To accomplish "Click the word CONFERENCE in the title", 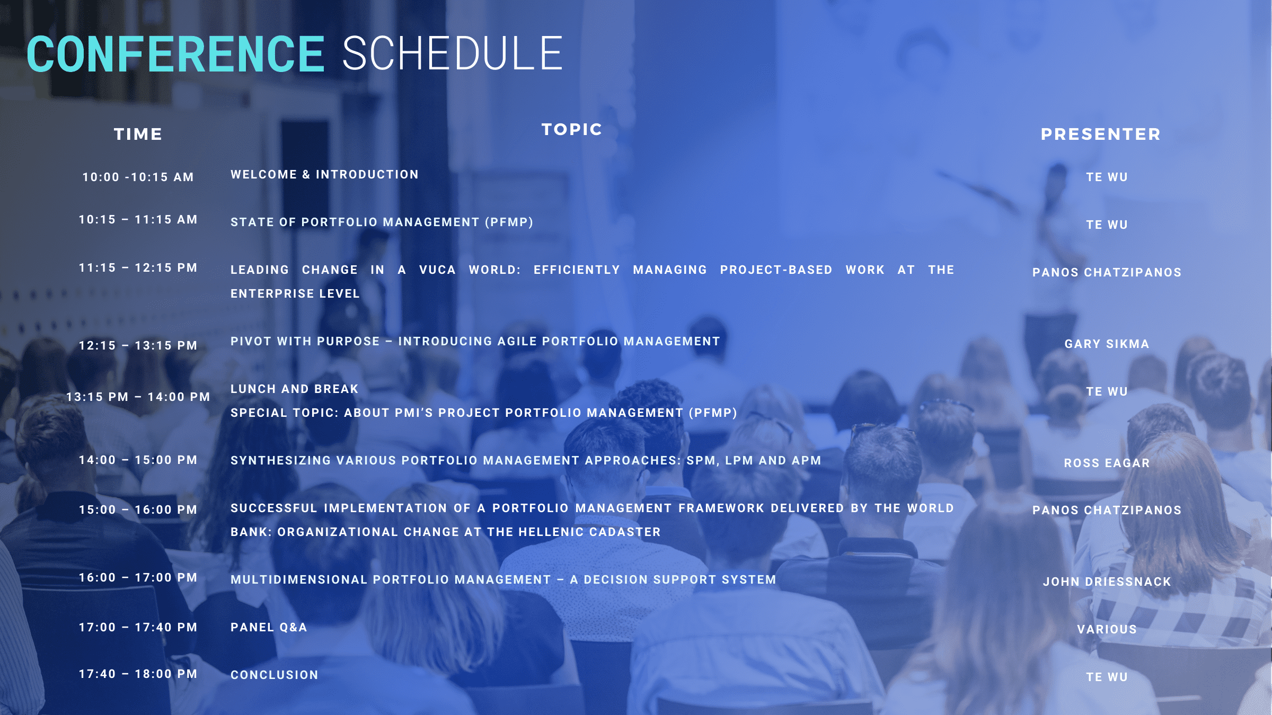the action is pyautogui.click(x=175, y=54).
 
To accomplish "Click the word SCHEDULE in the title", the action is pyautogui.click(x=453, y=54).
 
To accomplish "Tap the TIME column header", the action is pyautogui.click(x=138, y=135).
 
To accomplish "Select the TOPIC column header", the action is pyautogui.click(x=572, y=130).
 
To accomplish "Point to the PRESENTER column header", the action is pyautogui.click(x=1101, y=135).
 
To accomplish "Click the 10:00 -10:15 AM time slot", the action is pyautogui.click(x=138, y=177).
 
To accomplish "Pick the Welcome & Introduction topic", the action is pyautogui.click(x=324, y=175).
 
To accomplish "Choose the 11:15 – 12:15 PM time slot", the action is pyautogui.click(x=138, y=268).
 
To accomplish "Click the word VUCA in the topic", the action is pyautogui.click(x=437, y=270).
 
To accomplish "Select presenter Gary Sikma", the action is pyautogui.click(x=1107, y=344).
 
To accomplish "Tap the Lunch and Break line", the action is pyautogui.click(x=295, y=389).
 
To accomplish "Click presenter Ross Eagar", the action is pyautogui.click(x=1107, y=463).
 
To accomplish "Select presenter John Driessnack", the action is pyautogui.click(x=1107, y=582).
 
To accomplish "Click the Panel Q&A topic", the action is pyautogui.click(x=269, y=628).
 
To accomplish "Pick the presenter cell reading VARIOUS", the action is pyautogui.click(x=1107, y=630).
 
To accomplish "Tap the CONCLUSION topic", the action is pyautogui.click(x=275, y=675).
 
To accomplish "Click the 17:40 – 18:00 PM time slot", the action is pyautogui.click(x=138, y=674).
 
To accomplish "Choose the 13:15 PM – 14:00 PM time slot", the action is pyautogui.click(x=138, y=397).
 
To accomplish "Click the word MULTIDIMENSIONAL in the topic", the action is pyautogui.click(x=299, y=580).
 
